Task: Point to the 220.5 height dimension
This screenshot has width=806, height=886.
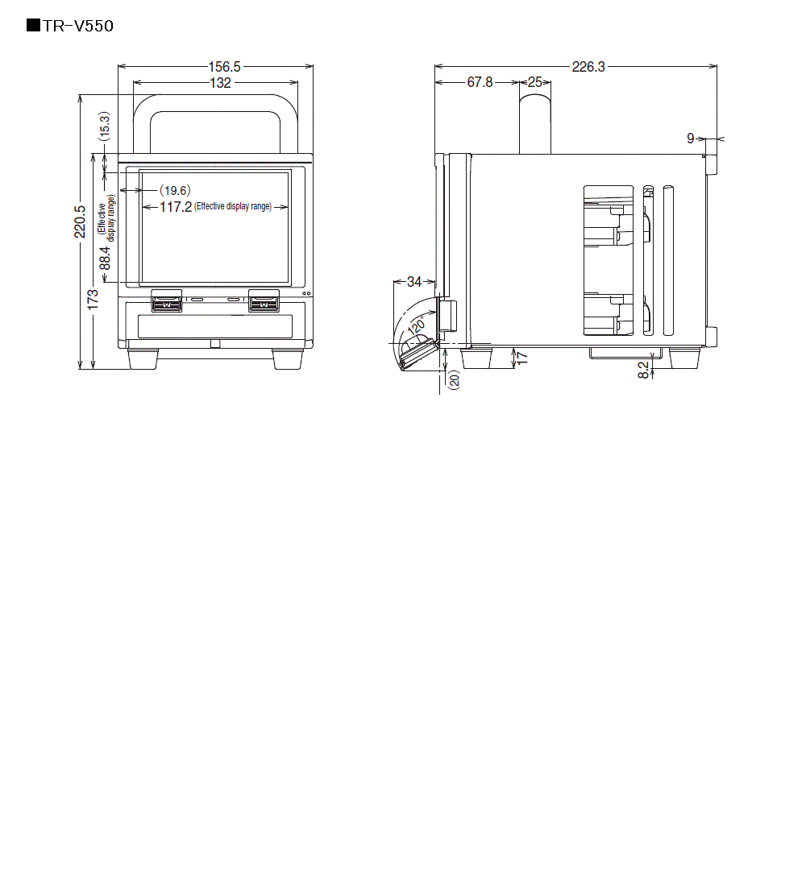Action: [x=80, y=221]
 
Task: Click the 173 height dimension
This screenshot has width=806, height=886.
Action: [x=94, y=300]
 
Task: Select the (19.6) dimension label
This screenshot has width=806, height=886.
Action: [x=174, y=191]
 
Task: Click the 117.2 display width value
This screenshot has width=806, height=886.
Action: [x=175, y=207]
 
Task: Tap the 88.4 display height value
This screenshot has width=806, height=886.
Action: [x=106, y=260]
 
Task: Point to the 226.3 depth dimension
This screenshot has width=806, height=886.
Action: [x=588, y=67]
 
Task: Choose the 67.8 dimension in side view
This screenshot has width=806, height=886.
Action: [x=480, y=82]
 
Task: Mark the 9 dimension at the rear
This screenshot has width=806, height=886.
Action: [x=691, y=139]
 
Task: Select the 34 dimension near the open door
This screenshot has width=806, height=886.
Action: [x=414, y=282]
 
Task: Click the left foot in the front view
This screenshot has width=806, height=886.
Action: [x=143, y=359]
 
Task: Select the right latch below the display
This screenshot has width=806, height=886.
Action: [x=264, y=304]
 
